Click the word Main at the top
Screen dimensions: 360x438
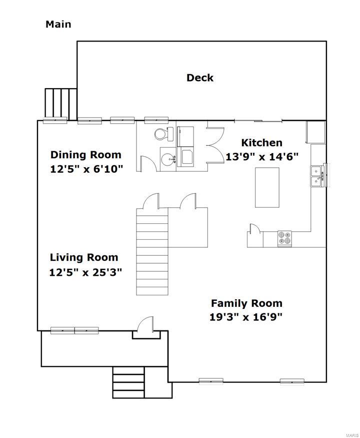[58, 25]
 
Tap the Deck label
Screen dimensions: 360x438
[200, 78]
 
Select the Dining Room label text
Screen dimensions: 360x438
[85, 155]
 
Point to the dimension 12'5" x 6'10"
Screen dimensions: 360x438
[86, 169]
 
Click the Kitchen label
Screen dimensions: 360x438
[262, 143]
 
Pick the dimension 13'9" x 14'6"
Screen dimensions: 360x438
[262, 157]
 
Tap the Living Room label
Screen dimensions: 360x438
[84, 258]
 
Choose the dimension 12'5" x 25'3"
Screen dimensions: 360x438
[85, 272]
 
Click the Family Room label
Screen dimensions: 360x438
[246, 303]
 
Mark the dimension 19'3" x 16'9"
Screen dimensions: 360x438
[246, 317]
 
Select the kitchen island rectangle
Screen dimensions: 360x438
[267, 187]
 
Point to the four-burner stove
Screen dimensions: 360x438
[284, 239]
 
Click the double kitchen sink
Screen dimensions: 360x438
[317, 176]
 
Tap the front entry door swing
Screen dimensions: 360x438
[145, 324]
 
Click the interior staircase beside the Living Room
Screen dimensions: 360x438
[152, 251]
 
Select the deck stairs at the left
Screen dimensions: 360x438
[61, 104]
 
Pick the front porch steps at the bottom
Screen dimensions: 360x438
[128, 382]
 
